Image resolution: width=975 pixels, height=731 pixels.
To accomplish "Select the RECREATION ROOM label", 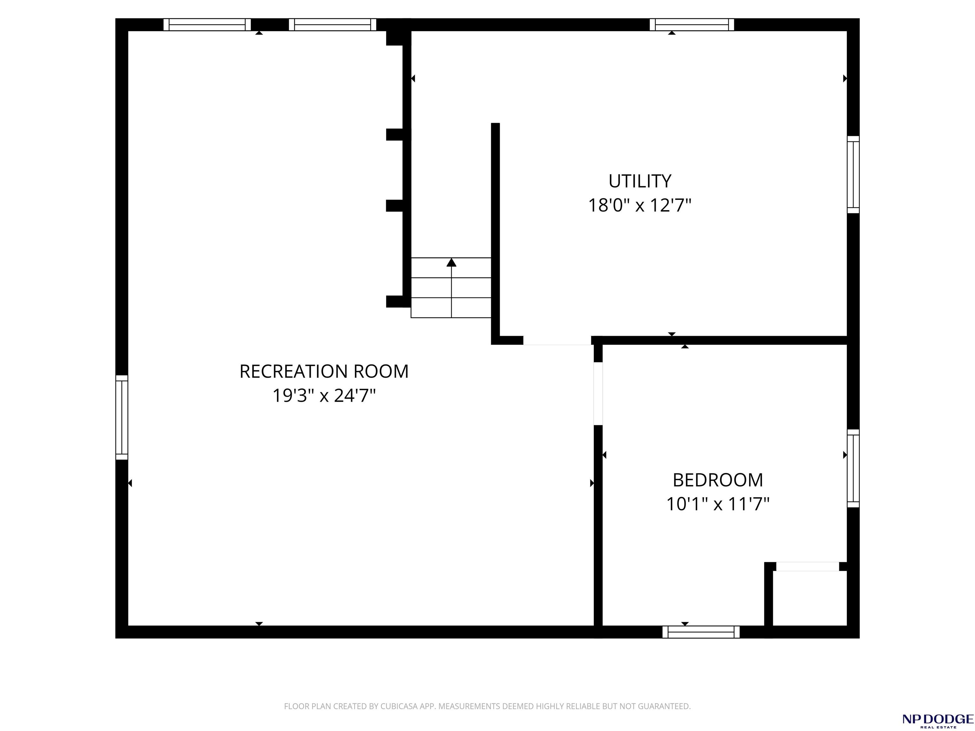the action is click(x=324, y=372).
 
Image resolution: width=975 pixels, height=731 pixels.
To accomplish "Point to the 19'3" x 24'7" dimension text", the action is click(x=324, y=396).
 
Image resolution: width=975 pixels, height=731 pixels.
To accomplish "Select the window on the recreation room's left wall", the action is click(x=122, y=417).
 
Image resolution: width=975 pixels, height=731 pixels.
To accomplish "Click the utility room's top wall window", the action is click(x=692, y=25).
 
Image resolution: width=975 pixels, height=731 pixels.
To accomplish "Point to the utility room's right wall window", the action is click(x=853, y=175).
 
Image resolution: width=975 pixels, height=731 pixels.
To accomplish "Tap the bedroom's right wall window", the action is click(x=853, y=468).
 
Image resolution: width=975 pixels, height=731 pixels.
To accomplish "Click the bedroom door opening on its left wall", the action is click(x=598, y=393).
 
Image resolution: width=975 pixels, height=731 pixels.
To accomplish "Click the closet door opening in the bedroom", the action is click(x=807, y=567).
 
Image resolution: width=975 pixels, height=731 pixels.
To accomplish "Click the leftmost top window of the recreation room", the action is click(x=207, y=25).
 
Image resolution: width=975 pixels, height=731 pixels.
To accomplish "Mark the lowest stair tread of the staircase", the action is click(x=451, y=307).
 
